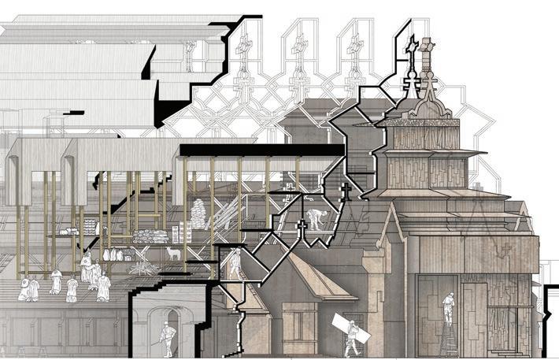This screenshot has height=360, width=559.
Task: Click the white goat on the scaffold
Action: [172, 252]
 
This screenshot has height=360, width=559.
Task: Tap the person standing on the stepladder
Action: [448, 307]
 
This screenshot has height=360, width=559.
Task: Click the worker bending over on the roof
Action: [315, 219]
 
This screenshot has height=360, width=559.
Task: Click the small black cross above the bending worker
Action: [344, 190]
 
